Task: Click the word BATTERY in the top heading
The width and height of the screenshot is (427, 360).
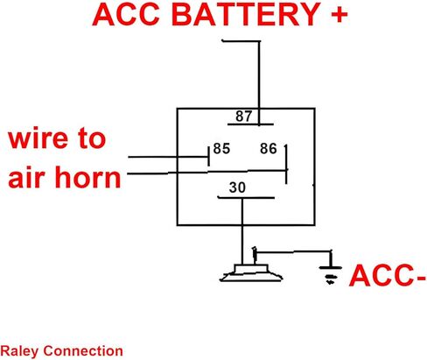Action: [x=246, y=14]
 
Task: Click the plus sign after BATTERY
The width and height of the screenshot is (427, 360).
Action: [x=339, y=14]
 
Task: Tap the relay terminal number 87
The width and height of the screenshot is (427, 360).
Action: [x=243, y=116]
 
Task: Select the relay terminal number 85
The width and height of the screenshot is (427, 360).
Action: [x=221, y=148]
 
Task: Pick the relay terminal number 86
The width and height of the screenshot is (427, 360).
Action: [x=269, y=148]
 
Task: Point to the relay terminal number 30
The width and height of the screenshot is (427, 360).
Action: [x=237, y=187]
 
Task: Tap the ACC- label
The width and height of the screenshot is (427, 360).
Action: [x=388, y=276]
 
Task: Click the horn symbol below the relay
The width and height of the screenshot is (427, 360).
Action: [x=251, y=273]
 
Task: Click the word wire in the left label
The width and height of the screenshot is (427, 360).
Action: [x=36, y=138]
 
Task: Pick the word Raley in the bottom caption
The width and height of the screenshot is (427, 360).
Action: [x=19, y=351]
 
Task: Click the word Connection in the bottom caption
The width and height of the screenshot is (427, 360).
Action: [x=83, y=350]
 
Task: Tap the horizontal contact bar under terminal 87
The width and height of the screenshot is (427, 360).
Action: [x=250, y=124]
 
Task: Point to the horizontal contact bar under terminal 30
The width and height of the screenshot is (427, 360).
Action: [x=246, y=198]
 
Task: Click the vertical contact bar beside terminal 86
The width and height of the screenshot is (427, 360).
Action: [x=286, y=164]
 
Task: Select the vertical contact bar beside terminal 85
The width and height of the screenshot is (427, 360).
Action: [x=208, y=157]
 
